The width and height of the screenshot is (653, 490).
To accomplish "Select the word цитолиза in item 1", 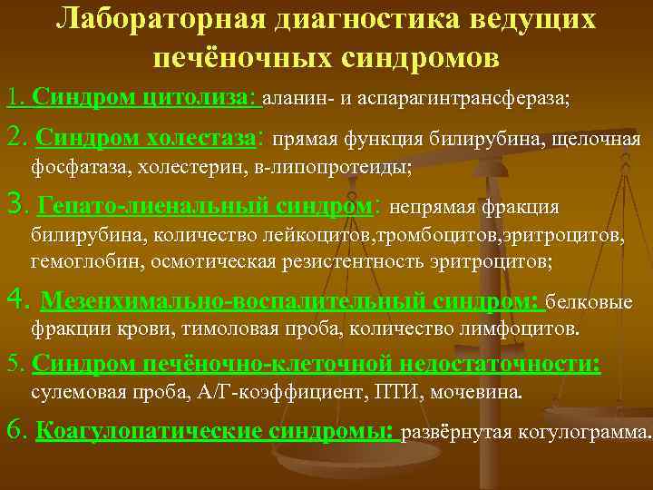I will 203,97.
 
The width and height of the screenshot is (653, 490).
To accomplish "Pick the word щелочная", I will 599,140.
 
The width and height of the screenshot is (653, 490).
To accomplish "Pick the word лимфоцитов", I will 521,327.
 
